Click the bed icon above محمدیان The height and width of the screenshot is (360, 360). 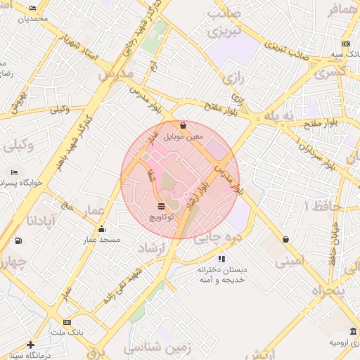pos(33,8)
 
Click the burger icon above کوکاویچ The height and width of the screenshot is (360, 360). pos(162,206)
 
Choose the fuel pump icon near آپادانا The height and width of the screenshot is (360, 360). pos(18,240)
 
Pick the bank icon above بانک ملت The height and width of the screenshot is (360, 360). pos(67,321)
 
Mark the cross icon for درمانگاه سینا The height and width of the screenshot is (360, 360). pos(30,345)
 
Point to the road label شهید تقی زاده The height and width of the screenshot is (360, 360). pos(123,285)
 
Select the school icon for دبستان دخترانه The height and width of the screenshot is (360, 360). pos(221,259)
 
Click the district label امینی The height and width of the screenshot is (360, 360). pos(291,262)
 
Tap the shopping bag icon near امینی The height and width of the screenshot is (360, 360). pos(285,239)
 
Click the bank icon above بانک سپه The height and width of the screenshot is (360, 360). pos(346,44)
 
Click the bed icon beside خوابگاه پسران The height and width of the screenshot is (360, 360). pos(14,172)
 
